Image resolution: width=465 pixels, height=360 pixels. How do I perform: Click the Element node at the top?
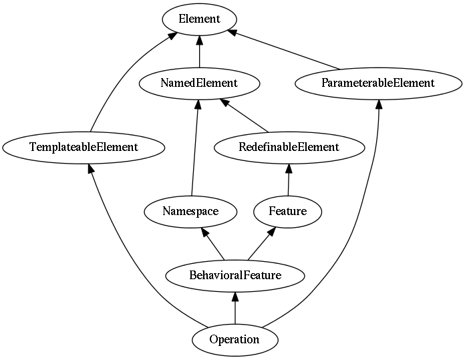coord(199,19)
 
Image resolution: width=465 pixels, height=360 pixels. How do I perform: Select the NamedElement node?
coord(199,83)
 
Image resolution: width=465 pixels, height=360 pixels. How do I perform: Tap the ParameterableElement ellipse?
coord(378,83)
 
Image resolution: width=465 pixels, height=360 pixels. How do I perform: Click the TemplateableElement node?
coord(84,148)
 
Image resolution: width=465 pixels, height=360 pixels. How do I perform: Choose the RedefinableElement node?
coord(289,148)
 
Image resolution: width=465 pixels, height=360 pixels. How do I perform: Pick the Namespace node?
coord(190,212)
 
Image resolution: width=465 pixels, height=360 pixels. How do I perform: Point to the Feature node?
coord(288,212)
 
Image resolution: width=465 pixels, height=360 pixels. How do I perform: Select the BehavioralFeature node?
coord(235,276)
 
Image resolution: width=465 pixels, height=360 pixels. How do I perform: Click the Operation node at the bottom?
coord(235,340)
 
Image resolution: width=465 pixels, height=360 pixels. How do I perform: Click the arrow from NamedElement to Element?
coord(199,51)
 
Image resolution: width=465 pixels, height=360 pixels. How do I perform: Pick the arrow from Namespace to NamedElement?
coord(195,148)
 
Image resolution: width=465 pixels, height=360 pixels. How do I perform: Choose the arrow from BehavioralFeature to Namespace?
coord(212,244)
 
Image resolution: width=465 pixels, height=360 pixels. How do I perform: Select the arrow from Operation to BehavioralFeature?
coord(235,308)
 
